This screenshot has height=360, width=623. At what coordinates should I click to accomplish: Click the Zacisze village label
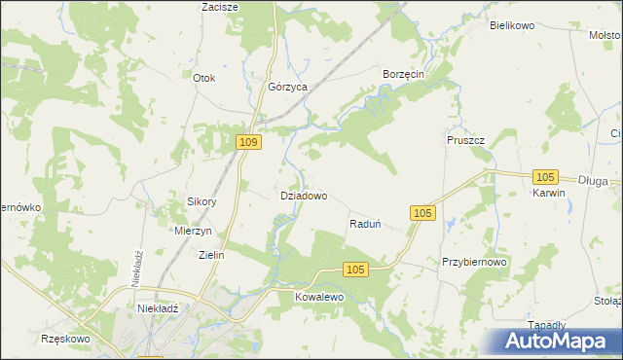[x=220, y=6]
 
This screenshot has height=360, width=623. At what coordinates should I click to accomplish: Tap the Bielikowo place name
[x=513, y=25]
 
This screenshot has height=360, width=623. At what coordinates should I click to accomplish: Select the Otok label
[x=203, y=78]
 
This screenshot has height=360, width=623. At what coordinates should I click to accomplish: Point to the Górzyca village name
[x=288, y=87]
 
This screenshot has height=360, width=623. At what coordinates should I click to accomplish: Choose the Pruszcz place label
[x=465, y=140]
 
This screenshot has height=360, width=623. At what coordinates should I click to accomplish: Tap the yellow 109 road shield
[x=249, y=142]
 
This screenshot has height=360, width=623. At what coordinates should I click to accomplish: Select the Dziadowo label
[x=303, y=195]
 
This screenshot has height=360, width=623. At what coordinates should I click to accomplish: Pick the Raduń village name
[x=364, y=224]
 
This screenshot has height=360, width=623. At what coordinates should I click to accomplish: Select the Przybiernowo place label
[x=475, y=262]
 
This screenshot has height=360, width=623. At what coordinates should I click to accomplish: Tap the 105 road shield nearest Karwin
[x=545, y=176]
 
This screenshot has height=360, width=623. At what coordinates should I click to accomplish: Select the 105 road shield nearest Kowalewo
[x=355, y=270]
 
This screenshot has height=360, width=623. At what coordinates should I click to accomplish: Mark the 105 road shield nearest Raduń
[x=421, y=213]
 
